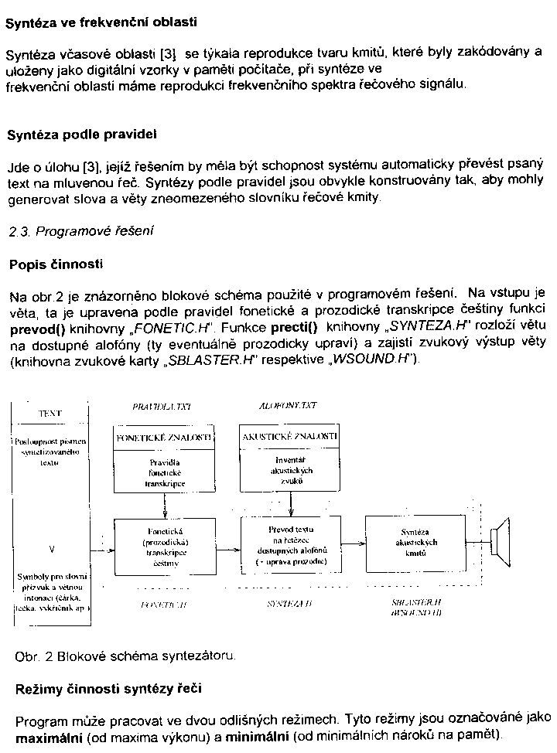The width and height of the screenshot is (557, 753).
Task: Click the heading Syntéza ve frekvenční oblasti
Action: pyautogui.click(x=101, y=23)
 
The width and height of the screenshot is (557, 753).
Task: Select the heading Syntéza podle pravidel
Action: pyautogui.click(x=82, y=135)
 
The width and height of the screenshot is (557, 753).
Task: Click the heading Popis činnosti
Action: pyautogui.click(x=56, y=264)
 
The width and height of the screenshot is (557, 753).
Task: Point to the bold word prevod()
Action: pyautogui.click(x=36, y=328)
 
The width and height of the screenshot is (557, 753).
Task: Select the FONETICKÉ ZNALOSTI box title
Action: pyautogui.click(x=163, y=437)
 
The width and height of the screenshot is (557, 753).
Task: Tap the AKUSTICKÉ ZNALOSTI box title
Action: pyautogui.click(x=290, y=437)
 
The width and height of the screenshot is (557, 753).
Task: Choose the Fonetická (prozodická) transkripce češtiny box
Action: pyautogui.click(x=163, y=547)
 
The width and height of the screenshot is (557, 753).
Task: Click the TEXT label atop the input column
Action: pyautogui.click(x=50, y=414)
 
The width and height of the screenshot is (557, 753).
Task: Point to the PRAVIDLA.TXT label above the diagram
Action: pyautogui.click(x=161, y=405)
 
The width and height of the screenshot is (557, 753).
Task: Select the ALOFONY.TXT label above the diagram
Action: pyautogui.click(x=288, y=405)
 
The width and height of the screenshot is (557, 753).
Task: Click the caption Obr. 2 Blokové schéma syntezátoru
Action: pyautogui.click(x=125, y=656)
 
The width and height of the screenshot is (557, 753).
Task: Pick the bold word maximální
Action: pyautogui.click(x=50, y=734)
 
